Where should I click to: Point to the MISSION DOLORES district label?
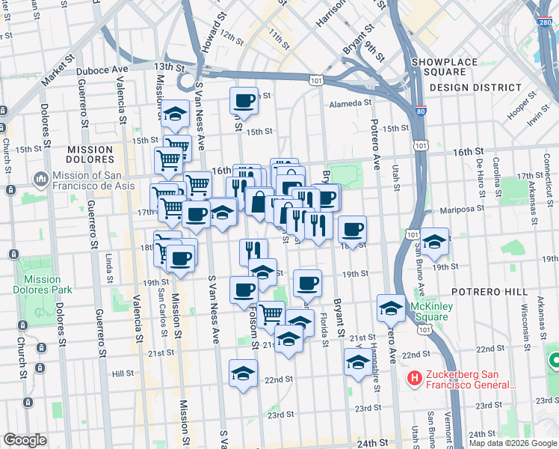tap(89, 155)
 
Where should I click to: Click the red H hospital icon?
tap(413, 379)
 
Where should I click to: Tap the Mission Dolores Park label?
tap(42, 285)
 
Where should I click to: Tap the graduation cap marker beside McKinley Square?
tap(391, 307)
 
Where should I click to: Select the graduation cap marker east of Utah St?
tap(434, 241)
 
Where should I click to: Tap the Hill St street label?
tap(123, 373)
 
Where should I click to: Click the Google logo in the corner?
tap(25, 440)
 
